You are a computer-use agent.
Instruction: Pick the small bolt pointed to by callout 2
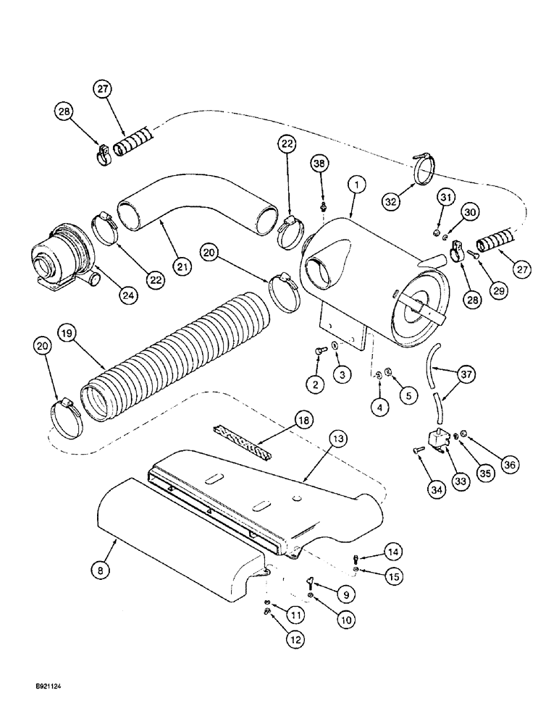point(319,353)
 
